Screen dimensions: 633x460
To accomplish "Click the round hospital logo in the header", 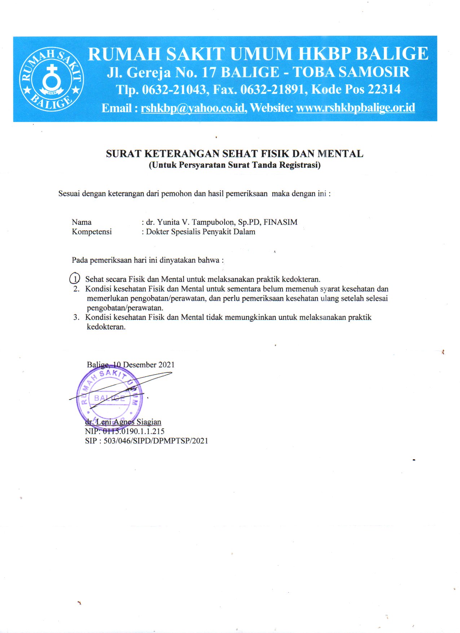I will coord(52,79).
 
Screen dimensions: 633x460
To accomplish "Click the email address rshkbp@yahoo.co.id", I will coord(193,108).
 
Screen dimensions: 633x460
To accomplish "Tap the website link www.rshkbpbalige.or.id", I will coord(355,108).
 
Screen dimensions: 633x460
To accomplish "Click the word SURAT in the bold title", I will coord(123,154).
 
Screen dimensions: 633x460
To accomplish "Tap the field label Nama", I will coord(82,222).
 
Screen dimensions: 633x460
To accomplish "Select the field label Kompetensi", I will coord(92,232).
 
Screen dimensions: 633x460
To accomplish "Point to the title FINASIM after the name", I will coord(280,222).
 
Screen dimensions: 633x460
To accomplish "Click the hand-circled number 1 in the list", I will coord(75,279).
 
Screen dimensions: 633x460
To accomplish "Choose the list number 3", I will coord(76,318).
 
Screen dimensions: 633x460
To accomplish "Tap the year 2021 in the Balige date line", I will coord(166,365).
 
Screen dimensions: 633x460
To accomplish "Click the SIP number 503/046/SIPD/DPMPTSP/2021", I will coord(156,441).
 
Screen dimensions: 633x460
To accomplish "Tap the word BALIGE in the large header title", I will coord(392,54).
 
